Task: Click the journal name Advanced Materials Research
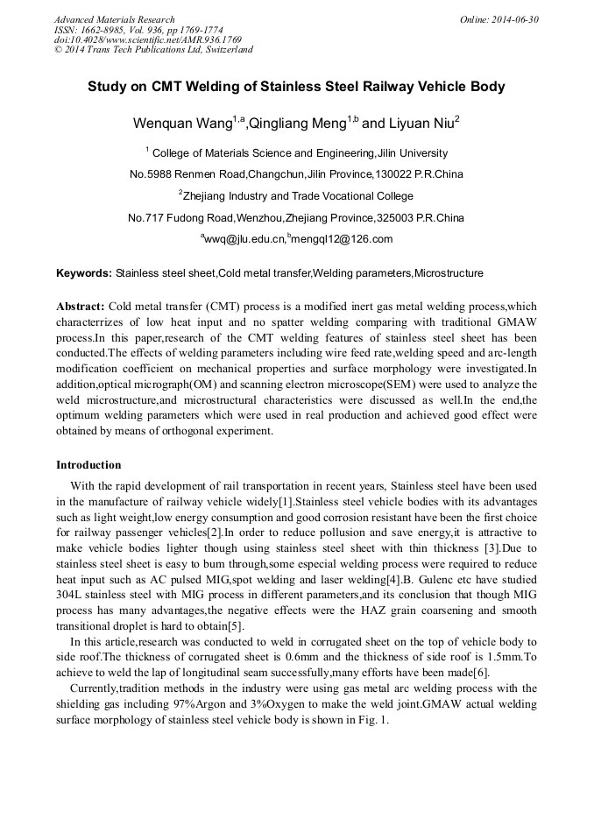114,19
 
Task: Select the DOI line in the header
147,39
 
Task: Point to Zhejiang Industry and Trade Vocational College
299,195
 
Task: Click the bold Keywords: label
84,273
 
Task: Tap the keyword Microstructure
449,273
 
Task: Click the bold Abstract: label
81,307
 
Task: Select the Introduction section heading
88,465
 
